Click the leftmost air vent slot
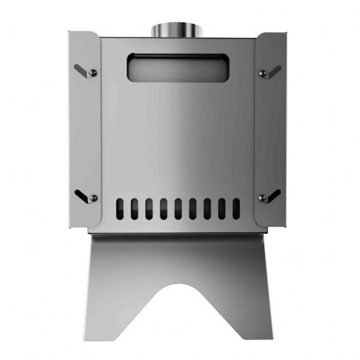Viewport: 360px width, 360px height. click(120, 209)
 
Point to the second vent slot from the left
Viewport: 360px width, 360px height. click(135, 209)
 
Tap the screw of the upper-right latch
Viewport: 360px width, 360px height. click(262, 73)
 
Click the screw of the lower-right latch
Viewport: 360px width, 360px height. click(262, 197)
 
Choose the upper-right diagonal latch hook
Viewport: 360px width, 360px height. click(271, 70)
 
